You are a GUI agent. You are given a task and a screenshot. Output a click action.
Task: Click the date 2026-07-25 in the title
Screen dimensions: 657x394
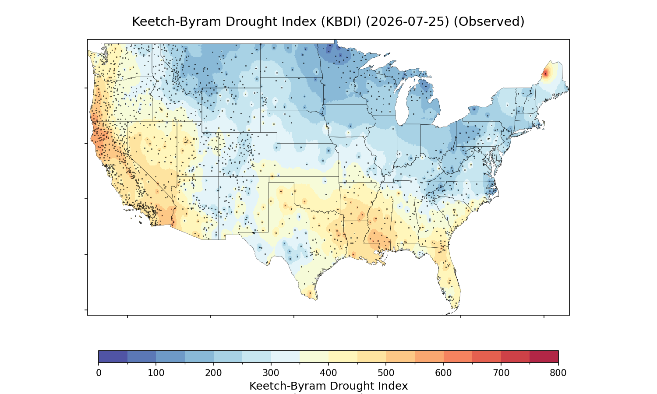(x=407, y=22)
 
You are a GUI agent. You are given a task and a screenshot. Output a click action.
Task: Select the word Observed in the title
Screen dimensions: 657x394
(x=489, y=22)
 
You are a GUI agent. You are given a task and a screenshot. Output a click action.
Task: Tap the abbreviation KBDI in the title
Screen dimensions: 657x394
(x=341, y=22)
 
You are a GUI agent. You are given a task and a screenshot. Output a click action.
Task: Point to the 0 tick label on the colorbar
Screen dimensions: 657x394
(x=99, y=373)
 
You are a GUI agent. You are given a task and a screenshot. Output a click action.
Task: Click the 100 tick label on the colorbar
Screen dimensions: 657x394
(x=156, y=373)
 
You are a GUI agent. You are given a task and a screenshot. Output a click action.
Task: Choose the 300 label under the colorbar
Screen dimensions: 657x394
(x=271, y=373)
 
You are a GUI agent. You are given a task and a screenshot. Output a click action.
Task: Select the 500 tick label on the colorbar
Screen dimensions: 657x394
(x=386, y=373)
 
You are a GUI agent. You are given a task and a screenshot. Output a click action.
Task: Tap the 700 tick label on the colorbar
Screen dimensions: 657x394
(x=501, y=373)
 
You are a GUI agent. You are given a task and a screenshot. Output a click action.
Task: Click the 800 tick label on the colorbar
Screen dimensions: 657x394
(x=558, y=373)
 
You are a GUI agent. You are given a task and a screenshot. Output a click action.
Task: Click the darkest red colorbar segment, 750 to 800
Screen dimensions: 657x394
(x=544, y=356)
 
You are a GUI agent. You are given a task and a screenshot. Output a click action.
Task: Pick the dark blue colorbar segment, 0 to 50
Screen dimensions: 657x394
(x=113, y=356)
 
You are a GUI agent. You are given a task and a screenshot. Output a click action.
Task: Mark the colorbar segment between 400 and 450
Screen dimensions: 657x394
(x=343, y=356)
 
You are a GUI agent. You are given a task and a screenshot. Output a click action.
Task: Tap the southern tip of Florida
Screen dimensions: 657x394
(x=454, y=308)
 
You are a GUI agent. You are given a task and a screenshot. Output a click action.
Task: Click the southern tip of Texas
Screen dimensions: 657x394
(x=316, y=299)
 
